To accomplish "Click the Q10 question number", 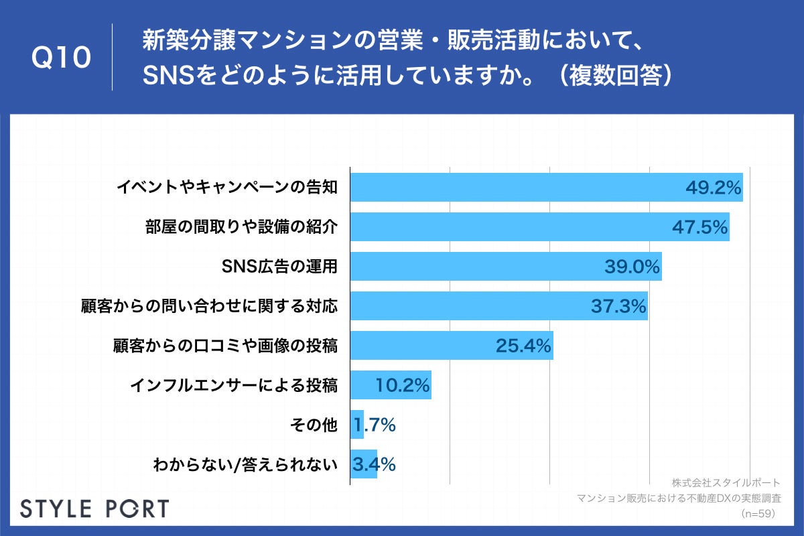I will click(62, 58).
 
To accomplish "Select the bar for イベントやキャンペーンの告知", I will click(509, 188).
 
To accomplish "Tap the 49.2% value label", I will click(713, 188).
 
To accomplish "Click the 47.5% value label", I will click(699, 227).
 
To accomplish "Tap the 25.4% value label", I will click(523, 346).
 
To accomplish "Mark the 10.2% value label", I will click(402, 385).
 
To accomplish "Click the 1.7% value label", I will click(375, 425).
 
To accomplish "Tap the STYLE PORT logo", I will click(94, 509).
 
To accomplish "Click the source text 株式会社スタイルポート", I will click(725, 482).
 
